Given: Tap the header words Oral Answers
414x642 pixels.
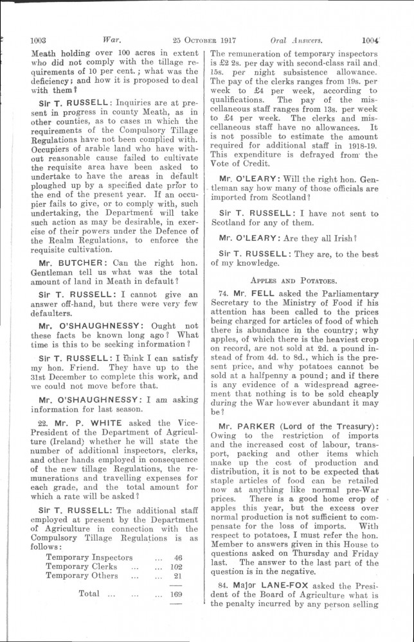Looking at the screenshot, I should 295,39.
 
